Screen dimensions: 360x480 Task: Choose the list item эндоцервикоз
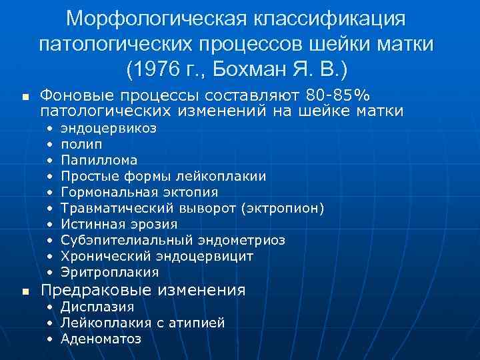tap(109, 128)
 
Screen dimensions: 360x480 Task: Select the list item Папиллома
tap(99, 160)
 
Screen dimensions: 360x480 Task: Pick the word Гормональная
tap(109, 192)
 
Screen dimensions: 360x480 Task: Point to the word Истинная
tap(89, 224)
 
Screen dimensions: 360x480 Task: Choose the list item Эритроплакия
tap(109, 272)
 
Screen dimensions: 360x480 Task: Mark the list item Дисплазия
tap(97, 307)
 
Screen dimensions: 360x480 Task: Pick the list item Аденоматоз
tap(101, 339)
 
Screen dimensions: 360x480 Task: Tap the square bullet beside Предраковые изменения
tap(25, 291)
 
